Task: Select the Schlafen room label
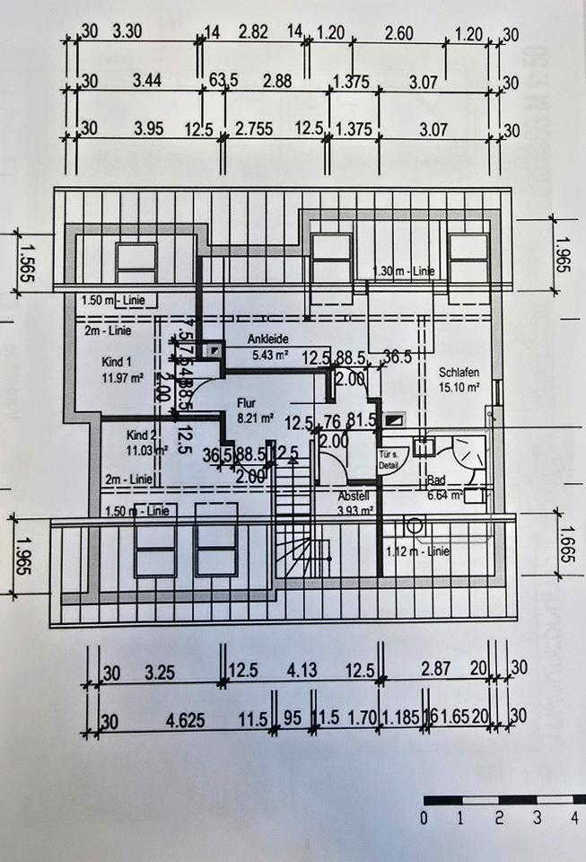pos(459,371)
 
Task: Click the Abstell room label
pos(353,497)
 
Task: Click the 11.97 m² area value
pos(125,377)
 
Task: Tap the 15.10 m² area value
pos(459,387)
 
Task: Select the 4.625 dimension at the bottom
pos(181,718)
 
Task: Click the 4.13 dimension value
pos(296,669)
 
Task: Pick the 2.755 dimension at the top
pos(254,129)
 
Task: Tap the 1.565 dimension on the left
pos(26,261)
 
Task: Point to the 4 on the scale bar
pos(573,817)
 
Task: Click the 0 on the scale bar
pos(424,817)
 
